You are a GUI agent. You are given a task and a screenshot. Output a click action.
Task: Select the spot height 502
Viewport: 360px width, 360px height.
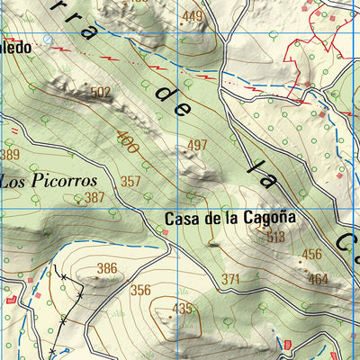tap(101, 92)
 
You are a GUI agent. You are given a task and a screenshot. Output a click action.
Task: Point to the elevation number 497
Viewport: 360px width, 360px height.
tap(197, 145)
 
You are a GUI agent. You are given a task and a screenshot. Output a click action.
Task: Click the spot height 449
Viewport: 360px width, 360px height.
tap(193, 16)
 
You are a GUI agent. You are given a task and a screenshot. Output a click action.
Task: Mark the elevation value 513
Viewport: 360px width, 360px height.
tap(274, 237)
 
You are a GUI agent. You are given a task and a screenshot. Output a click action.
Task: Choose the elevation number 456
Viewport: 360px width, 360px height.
tap(311, 254)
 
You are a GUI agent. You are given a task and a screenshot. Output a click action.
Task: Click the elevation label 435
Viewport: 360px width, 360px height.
tap(183, 309)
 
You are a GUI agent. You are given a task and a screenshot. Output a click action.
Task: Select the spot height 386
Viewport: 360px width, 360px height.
tap(107, 267)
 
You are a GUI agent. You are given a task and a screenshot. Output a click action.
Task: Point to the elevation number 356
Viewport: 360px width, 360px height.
tap(140, 290)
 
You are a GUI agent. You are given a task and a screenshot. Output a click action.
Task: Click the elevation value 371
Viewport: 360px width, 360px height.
tap(230, 280)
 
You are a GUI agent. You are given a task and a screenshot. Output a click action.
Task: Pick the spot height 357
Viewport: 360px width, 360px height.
tap(131, 181)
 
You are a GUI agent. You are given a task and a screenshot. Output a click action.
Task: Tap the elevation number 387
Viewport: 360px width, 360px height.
tap(95, 197)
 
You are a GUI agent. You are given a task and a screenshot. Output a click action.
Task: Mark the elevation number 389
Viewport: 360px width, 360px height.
tap(9, 154)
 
